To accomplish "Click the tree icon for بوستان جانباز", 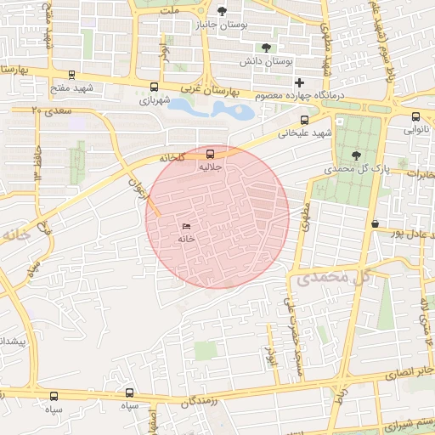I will coord(223,11).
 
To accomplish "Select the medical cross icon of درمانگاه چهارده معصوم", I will coord(298,82).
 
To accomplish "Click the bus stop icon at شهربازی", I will coord(154,87).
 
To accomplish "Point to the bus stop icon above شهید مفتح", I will coord(71,75).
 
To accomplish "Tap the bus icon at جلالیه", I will coord(211,154).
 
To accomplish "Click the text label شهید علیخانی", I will coord(330,133).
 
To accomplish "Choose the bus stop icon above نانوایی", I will coord(415,116).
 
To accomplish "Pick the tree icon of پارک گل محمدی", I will coord(356,155).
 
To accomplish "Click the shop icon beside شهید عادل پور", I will coord(375,223).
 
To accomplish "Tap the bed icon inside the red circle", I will coord(186,226).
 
